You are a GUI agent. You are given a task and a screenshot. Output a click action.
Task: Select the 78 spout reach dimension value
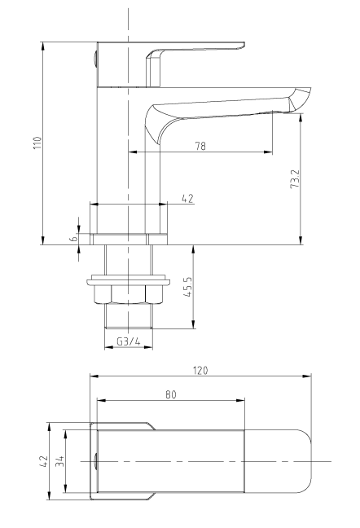click(200, 146)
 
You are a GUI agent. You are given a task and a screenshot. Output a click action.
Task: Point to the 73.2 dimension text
click(295, 178)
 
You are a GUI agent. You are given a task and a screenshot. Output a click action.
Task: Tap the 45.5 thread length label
click(187, 287)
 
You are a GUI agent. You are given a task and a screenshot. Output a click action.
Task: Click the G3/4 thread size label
click(129, 341)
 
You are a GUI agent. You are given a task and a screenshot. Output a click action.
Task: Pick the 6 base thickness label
click(73, 238)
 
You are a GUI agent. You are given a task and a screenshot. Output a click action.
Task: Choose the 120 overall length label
click(200, 371)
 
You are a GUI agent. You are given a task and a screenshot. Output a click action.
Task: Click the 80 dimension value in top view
click(171, 394)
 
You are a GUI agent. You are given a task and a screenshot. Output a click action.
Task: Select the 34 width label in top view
click(60, 461)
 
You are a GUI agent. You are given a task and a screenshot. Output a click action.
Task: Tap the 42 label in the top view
click(44, 460)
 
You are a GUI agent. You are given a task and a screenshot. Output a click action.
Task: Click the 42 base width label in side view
click(188, 198)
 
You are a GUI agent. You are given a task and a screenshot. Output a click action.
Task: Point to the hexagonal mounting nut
click(129, 294)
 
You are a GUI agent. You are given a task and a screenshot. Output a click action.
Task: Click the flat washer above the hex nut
click(129, 280)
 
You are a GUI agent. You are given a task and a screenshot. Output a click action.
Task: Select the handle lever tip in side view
click(243, 45)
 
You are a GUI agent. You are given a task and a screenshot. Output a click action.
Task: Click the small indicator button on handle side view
click(95, 59)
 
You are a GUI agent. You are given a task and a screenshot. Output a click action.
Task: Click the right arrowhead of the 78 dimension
click(268, 152)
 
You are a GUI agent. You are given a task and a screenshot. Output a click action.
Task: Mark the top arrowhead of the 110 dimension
click(42, 46)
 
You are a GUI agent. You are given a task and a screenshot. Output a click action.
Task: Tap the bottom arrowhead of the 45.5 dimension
click(193, 324)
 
